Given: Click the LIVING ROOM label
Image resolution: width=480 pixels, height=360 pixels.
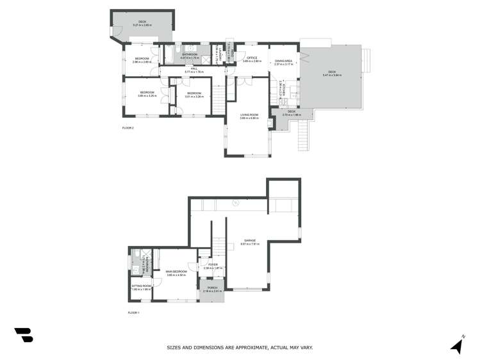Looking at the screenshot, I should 249,115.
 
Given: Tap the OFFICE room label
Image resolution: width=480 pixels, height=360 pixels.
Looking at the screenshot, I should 251,58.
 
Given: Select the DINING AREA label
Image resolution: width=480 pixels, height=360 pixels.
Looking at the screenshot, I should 283,60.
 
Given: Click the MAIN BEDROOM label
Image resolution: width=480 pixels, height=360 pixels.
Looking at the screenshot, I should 176,272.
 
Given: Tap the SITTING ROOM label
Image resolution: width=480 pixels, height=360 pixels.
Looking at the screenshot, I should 142,286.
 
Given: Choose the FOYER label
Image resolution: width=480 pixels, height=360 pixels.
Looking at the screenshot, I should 212,265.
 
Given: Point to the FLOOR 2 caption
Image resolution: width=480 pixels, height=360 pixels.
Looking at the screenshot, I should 128,128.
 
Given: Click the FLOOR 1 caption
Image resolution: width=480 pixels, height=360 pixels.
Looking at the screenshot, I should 133,313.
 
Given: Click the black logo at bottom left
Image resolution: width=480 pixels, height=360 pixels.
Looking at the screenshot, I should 24,334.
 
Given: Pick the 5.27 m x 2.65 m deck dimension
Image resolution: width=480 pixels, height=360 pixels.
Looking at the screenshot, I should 142,25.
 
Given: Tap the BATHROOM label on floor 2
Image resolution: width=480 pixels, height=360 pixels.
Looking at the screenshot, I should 190,54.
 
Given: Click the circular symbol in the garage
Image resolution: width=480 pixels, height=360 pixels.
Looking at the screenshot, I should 235,203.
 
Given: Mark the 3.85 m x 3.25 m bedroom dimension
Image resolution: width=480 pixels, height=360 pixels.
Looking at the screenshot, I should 147,96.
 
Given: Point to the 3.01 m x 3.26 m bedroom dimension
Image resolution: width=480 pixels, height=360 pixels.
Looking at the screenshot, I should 195,96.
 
